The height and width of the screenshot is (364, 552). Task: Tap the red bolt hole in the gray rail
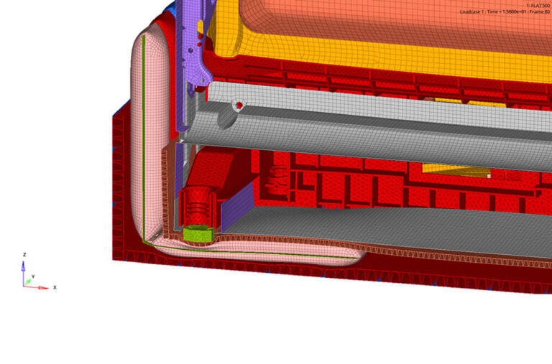[x=238, y=106]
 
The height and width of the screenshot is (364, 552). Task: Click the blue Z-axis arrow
[x=24, y=269]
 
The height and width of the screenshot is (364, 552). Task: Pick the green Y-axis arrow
[x=29, y=281]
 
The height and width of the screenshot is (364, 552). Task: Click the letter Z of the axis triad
[x=24, y=254]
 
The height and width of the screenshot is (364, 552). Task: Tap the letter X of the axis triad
[x=54, y=287]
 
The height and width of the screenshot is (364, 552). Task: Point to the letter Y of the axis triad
[x=33, y=276]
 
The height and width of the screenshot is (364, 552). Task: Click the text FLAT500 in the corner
[x=538, y=5]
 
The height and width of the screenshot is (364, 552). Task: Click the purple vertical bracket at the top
[x=190, y=29]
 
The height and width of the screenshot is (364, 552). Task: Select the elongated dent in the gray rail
[x=224, y=119]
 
